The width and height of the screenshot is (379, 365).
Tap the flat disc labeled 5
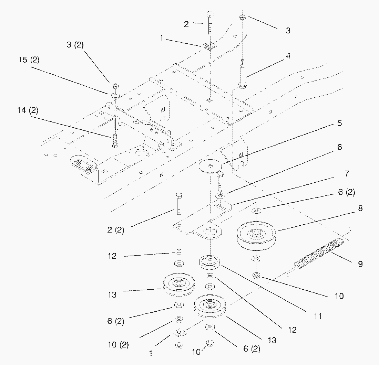pyautogui.click(x=210, y=166)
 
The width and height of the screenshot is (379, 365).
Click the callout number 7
pyautogui.click(x=347, y=173)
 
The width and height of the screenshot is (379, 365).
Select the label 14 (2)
pyautogui.click(x=28, y=110)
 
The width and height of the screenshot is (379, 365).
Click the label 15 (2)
pyautogui.click(x=29, y=60)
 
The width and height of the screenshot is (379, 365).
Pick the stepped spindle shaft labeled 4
pyautogui.click(x=243, y=74)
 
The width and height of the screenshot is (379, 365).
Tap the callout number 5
pyautogui.click(x=339, y=123)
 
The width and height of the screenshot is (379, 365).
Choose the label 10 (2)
pyautogui.click(x=118, y=344)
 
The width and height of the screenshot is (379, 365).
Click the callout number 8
pyautogui.click(x=360, y=208)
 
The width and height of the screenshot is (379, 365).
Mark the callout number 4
pyautogui.click(x=288, y=56)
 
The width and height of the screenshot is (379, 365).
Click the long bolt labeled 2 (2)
pyautogui.click(x=179, y=204)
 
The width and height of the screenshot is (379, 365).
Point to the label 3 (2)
pyautogui.click(x=75, y=45)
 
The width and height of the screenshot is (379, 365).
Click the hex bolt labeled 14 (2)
pyautogui.click(x=115, y=140)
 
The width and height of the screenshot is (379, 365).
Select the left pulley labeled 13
pyautogui.click(x=179, y=284)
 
